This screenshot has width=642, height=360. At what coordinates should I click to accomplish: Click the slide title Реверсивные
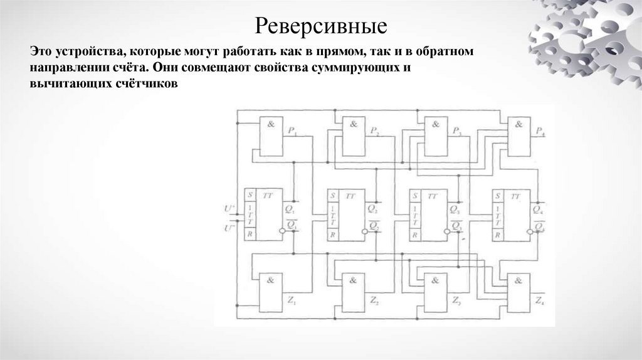pyautogui.click(x=321, y=26)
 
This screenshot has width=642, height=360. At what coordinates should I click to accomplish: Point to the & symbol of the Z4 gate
pyautogui.click(x=518, y=280)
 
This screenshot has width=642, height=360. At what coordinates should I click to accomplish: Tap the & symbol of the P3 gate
pyautogui.click(x=435, y=124)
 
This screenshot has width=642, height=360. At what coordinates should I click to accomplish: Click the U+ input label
pyautogui.click(x=229, y=208)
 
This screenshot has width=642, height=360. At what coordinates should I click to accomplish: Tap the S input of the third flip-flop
pyautogui.click(x=414, y=196)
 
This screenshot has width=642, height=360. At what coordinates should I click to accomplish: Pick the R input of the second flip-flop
pyautogui.click(x=332, y=234)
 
